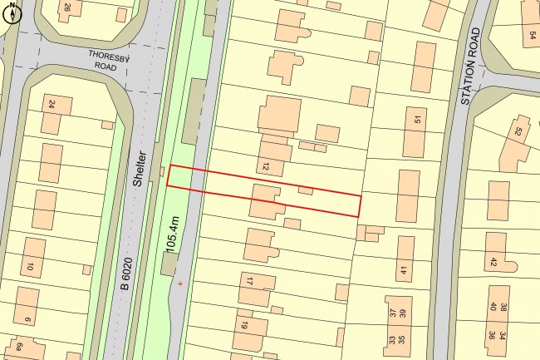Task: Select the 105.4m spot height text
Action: click(172, 229)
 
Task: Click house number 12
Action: click(266, 167)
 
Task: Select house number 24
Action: click(52, 106)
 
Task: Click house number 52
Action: click(518, 131)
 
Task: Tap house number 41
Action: click(405, 269)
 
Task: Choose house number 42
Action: click(493, 262)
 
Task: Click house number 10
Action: click(30, 266)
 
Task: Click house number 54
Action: click(532, 35)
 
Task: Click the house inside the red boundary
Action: click(265, 202)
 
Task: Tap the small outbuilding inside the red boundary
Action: click(306, 190)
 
